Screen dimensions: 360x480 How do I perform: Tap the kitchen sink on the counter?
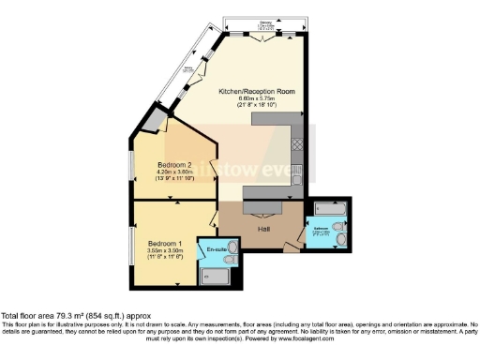[296, 171]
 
